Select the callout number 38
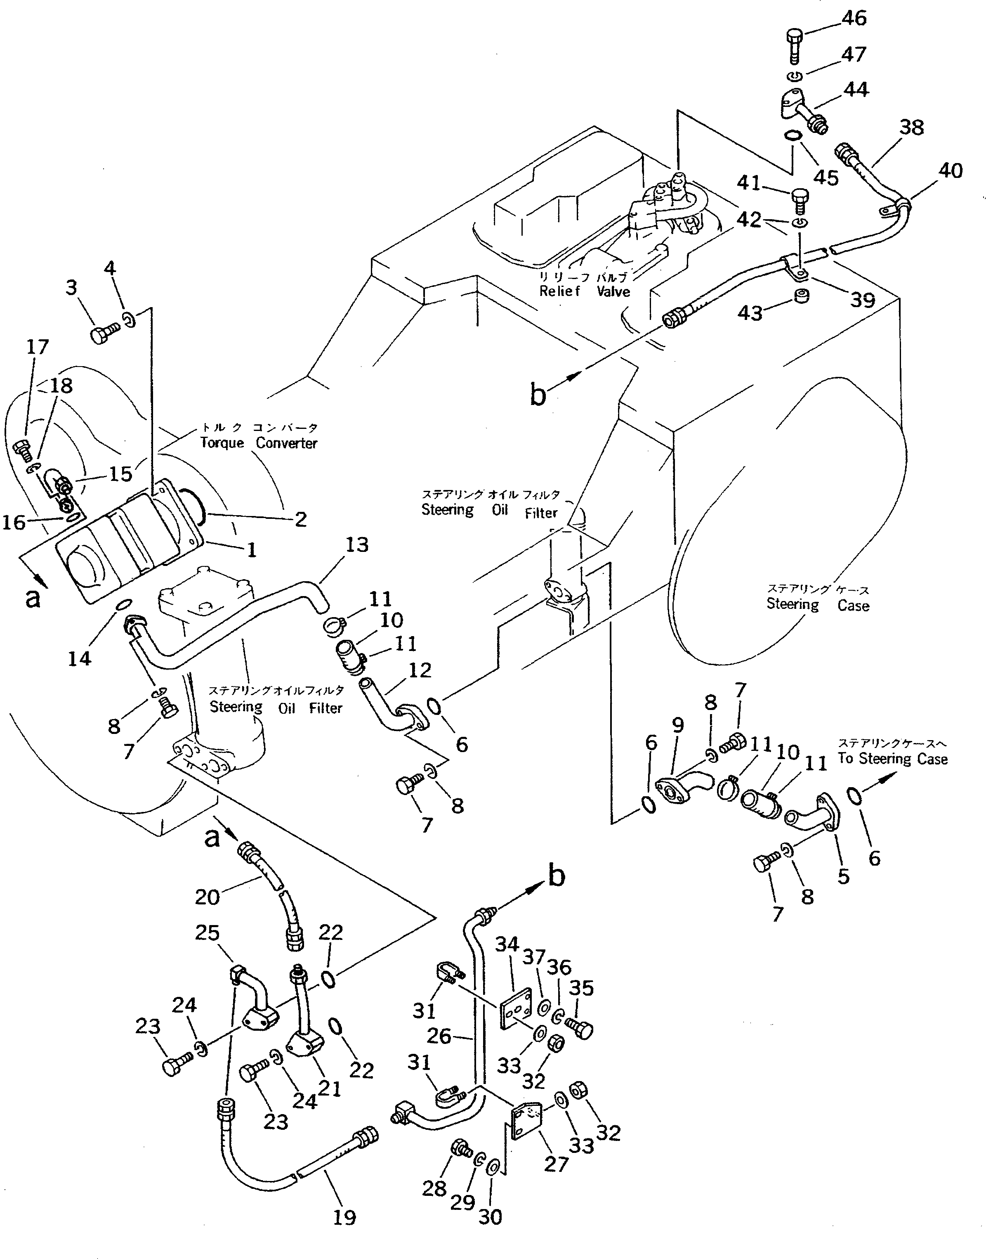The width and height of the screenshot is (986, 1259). coord(911,127)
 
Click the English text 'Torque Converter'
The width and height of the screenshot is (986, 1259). coord(259,443)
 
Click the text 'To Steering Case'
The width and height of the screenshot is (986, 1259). coord(892,758)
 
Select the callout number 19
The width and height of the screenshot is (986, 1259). coord(344,1217)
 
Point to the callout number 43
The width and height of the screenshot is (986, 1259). coord(750,312)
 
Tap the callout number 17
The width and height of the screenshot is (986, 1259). coord(38,347)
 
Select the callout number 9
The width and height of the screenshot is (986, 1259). coord(678,725)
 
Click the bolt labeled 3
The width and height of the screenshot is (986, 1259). coord(104,333)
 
